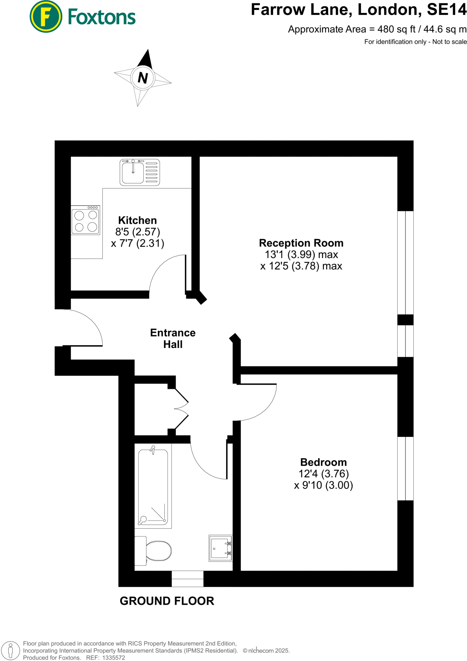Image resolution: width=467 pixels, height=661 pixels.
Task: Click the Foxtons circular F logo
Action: pyautogui.click(x=46, y=16)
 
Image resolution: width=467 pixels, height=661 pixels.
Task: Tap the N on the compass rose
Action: pyautogui.click(x=143, y=78)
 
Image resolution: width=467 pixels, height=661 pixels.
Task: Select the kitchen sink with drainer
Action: pyautogui.click(x=140, y=172)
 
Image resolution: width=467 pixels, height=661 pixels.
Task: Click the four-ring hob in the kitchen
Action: pyautogui.click(x=86, y=220)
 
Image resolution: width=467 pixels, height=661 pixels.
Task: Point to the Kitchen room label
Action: pyautogui.click(x=137, y=220)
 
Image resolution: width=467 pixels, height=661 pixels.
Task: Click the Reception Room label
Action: pyautogui.click(x=301, y=243)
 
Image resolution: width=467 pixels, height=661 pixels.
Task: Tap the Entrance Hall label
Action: pyautogui.click(x=173, y=338)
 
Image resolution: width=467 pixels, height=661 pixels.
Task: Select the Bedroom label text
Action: pyautogui.click(x=323, y=462)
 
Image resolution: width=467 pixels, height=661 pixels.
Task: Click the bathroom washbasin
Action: pyautogui.click(x=221, y=548)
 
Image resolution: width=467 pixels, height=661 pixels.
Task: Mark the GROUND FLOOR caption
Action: pyautogui.click(x=167, y=601)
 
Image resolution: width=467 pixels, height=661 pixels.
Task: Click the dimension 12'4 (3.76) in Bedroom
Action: pyautogui.click(x=323, y=473)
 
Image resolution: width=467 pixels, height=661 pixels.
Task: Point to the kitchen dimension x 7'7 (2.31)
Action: pyautogui.click(x=137, y=243)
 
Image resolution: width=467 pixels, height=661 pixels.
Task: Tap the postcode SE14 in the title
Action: pyautogui.click(x=447, y=10)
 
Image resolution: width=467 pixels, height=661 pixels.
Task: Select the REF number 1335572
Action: pyautogui.click(x=113, y=657)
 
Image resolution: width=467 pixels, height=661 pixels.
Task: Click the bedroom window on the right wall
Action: pyautogui.click(x=405, y=468)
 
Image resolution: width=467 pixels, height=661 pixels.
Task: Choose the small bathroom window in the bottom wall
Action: pyautogui.click(x=187, y=579)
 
